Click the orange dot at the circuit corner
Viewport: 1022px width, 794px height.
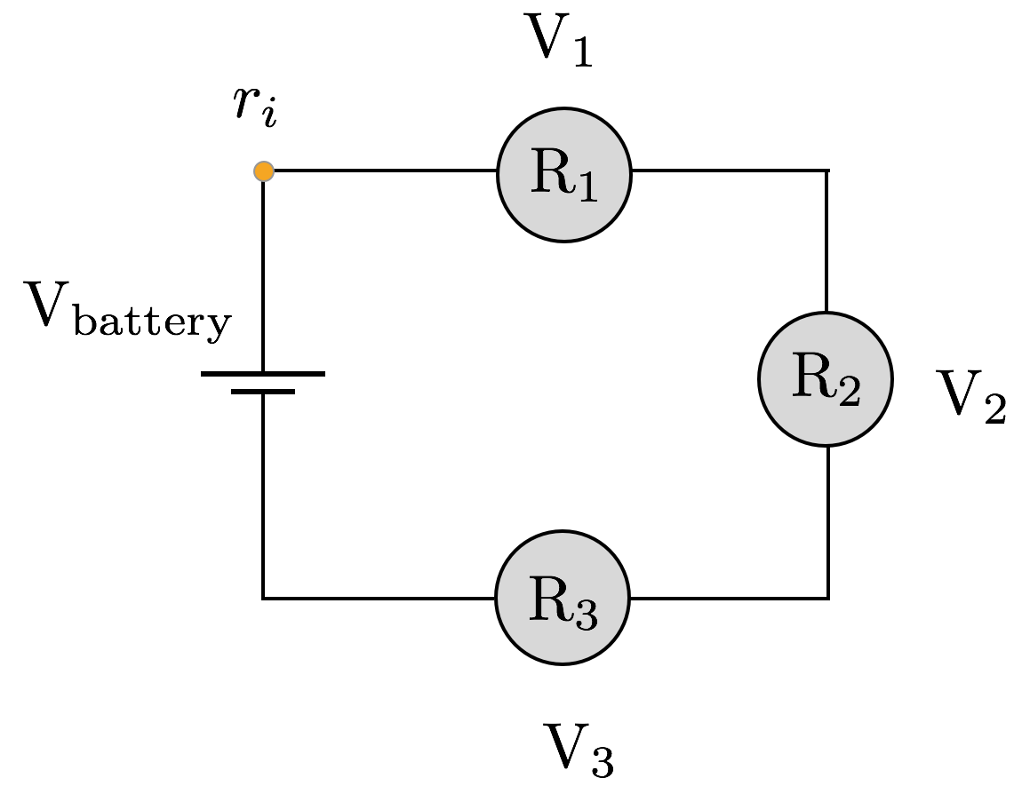pos(264,171)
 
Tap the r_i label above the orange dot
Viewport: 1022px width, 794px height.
pos(255,106)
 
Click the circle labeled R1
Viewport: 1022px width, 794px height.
pos(564,174)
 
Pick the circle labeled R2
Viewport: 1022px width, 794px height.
pos(826,379)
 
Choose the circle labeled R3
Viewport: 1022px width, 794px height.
pos(563,598)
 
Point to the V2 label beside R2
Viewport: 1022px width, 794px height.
pos(970,396)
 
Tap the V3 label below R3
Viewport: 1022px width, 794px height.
pos(579,750)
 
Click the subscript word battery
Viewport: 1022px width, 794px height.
pos(152,322)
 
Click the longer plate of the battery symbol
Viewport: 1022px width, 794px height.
pos(263,374)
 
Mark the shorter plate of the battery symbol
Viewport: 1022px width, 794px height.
pos(263,391)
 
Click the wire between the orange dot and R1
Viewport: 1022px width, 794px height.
pos(382,171)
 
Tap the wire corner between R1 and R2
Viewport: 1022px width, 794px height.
pos(827,171)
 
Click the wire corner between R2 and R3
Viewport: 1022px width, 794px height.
pos(828,598)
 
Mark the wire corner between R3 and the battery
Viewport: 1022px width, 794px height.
pos(263,598)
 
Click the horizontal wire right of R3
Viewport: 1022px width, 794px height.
pos(729,598)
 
